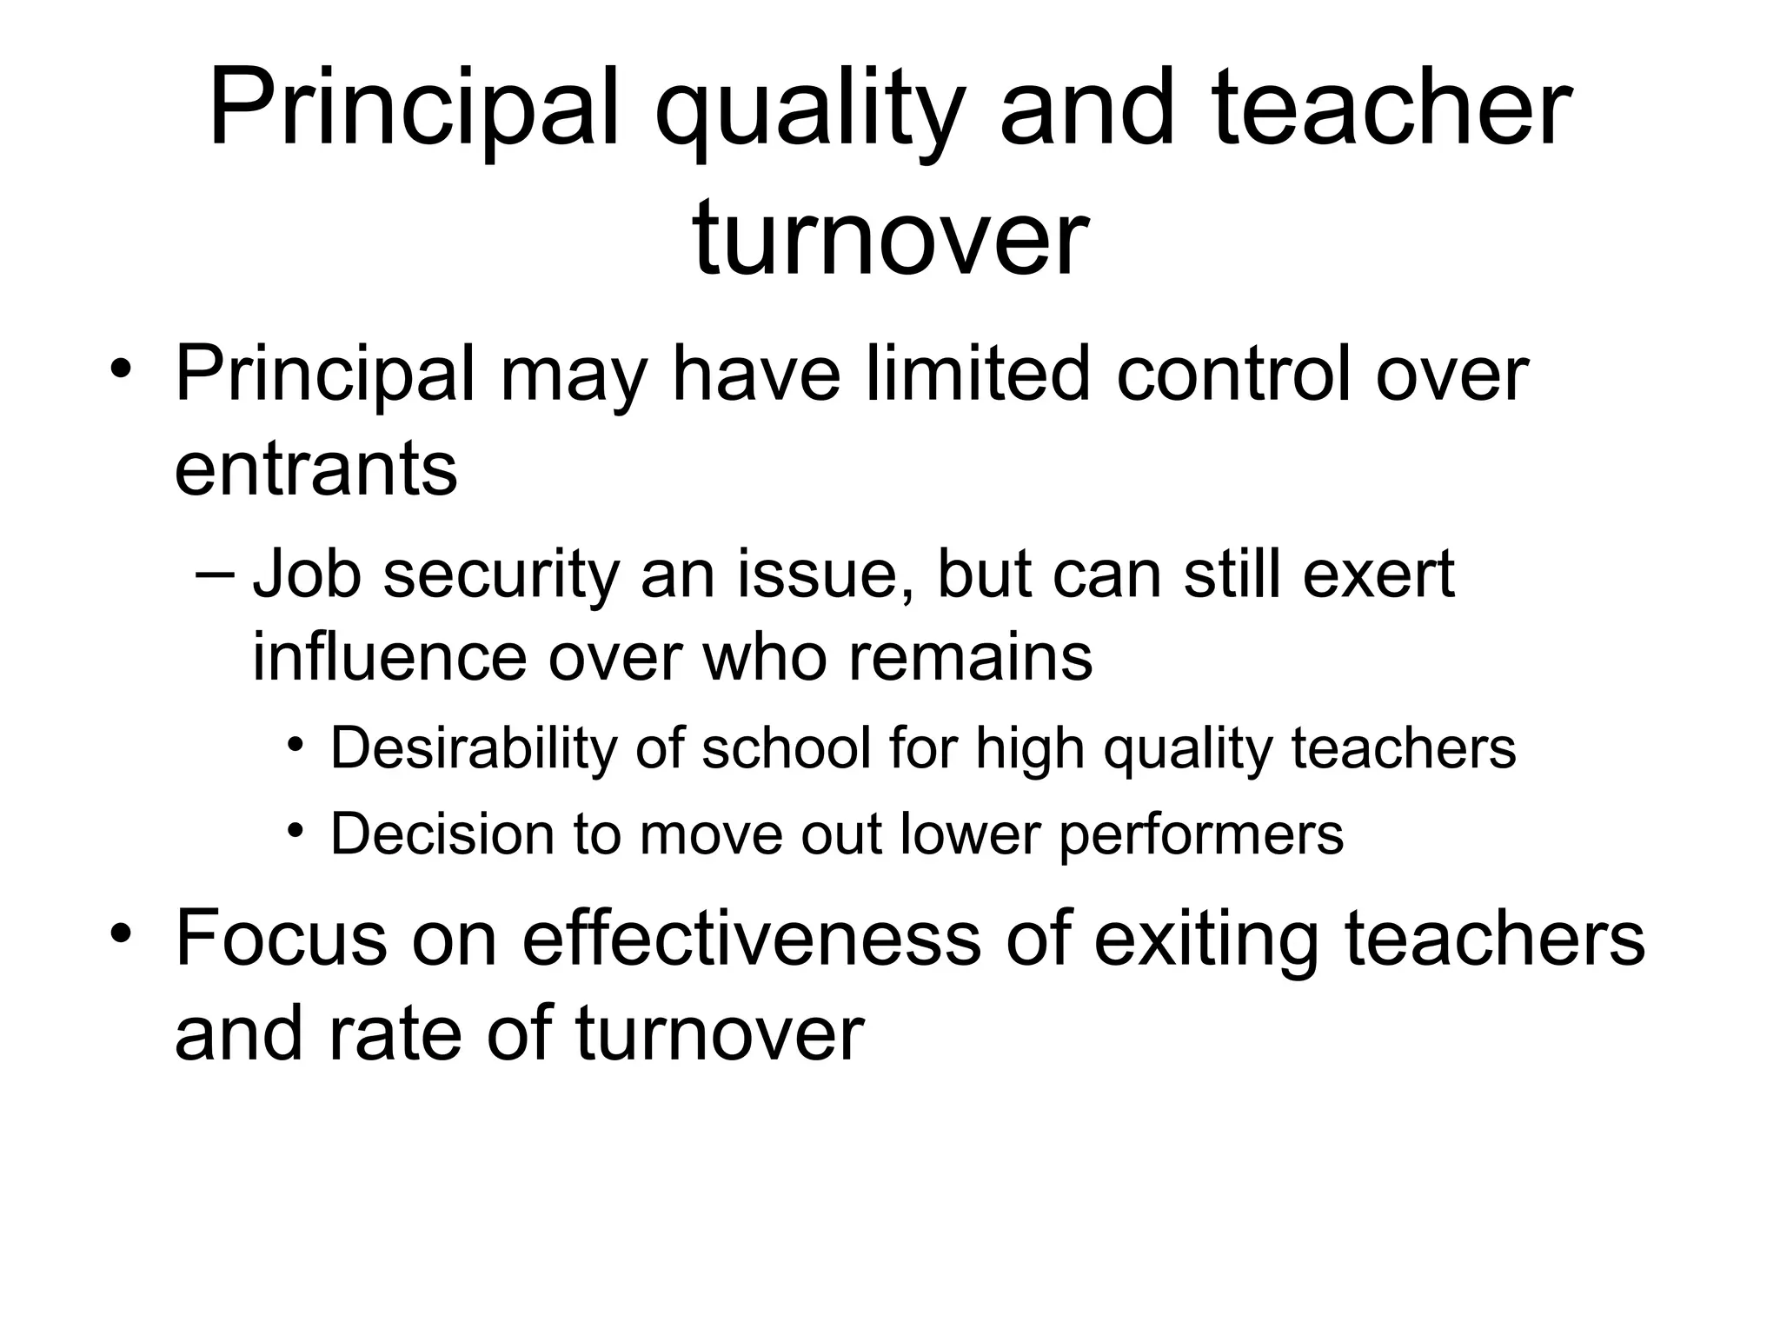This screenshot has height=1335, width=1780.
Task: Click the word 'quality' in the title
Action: pyautogui.click(x=808, y=113)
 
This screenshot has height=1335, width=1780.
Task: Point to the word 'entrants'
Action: pyautogui.click(x=315, y=469)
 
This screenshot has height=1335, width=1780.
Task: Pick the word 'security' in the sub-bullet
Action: pyautogui.click(x=501, y=575)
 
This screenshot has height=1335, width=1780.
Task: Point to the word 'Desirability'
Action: pyautogui.click(x=470, y=747)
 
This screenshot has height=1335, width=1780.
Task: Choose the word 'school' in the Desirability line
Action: pyautogui.click(x=786, y=747)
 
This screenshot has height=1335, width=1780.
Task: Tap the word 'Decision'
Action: pyautogui.click(x=442, y=834)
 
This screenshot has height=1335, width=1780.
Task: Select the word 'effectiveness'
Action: pyautogui.click(x=751, y=940)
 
